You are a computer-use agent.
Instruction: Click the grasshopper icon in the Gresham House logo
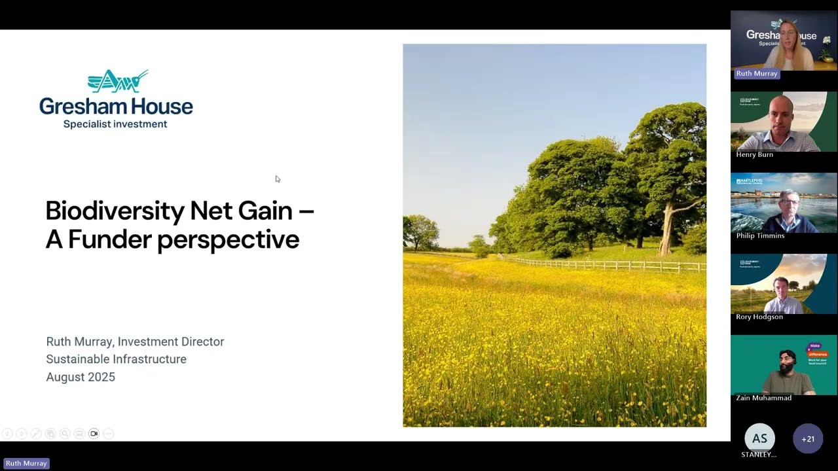point(118,81)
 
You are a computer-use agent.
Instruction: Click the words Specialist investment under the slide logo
point(115,124)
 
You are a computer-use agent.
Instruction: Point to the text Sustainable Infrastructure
point(116,359)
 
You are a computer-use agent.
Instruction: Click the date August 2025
point(81,377)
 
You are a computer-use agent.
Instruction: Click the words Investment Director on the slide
point(171,341)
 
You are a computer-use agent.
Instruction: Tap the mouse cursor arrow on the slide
point(278,179)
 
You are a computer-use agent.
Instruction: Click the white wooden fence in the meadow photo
point(609,265)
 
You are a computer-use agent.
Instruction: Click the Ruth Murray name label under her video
point(756,74)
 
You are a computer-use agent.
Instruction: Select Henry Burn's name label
point(754,155)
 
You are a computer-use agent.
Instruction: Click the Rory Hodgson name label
point(759,317)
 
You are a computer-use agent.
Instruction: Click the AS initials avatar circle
point(759,438)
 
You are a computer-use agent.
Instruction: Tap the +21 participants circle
point(808,439)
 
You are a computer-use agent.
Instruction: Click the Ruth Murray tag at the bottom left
point(26,463)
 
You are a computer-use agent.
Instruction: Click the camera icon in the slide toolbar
point(94,434)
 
